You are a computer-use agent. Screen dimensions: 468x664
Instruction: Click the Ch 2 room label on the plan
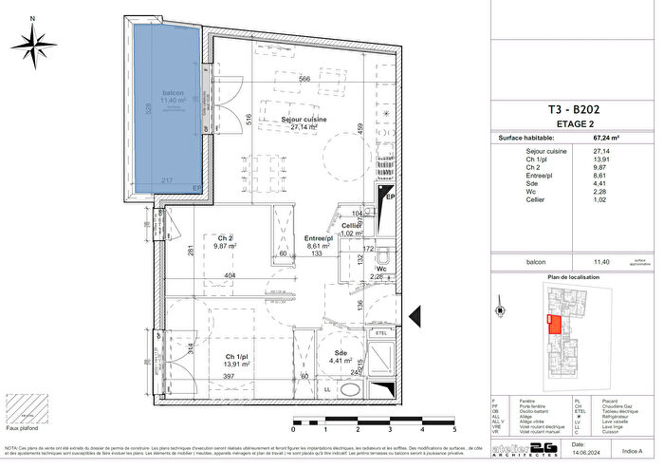tap(224, 238)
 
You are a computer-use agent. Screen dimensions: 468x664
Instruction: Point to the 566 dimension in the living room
tap(304, 79)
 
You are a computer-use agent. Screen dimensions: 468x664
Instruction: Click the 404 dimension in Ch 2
tap(229, 276)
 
